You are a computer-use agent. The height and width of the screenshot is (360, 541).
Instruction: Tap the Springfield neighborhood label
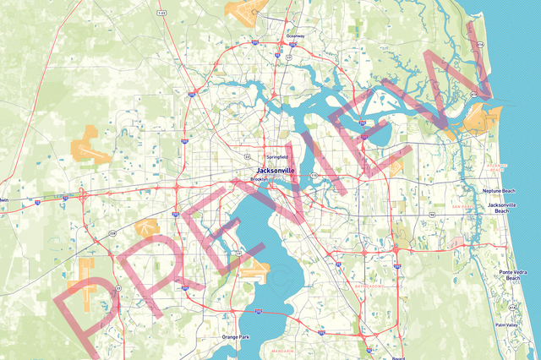pos(276,157)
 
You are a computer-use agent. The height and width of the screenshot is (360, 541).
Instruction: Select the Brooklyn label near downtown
pos(259,179)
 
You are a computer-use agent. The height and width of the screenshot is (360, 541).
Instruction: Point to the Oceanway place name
pos(295,36)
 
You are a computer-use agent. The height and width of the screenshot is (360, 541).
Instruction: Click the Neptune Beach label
pos(498,191)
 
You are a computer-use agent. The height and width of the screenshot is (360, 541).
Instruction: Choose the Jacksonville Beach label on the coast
pos(501,209)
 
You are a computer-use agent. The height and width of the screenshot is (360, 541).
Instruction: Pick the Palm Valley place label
pos(507,325)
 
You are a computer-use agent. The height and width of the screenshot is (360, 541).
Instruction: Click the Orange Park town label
pos(236,337)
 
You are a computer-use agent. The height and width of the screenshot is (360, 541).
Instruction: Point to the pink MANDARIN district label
pos(281,350)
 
